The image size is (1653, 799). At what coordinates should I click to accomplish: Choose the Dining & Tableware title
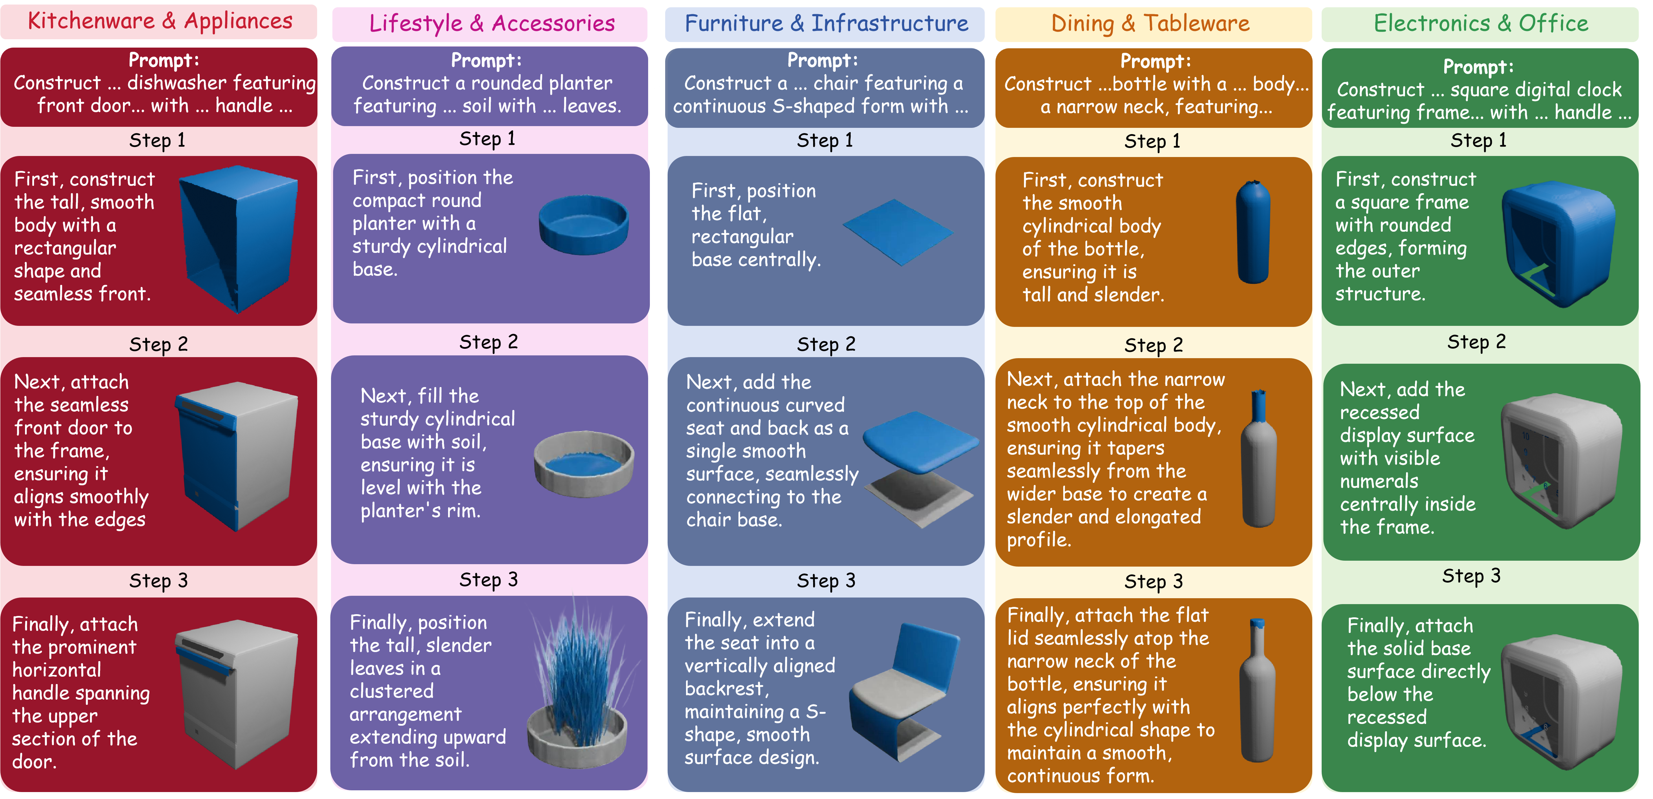[x=1150, y=24]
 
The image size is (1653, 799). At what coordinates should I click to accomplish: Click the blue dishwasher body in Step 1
[x=239, y=238]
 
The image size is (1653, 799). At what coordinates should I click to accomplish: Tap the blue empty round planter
[x=583, y=225]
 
